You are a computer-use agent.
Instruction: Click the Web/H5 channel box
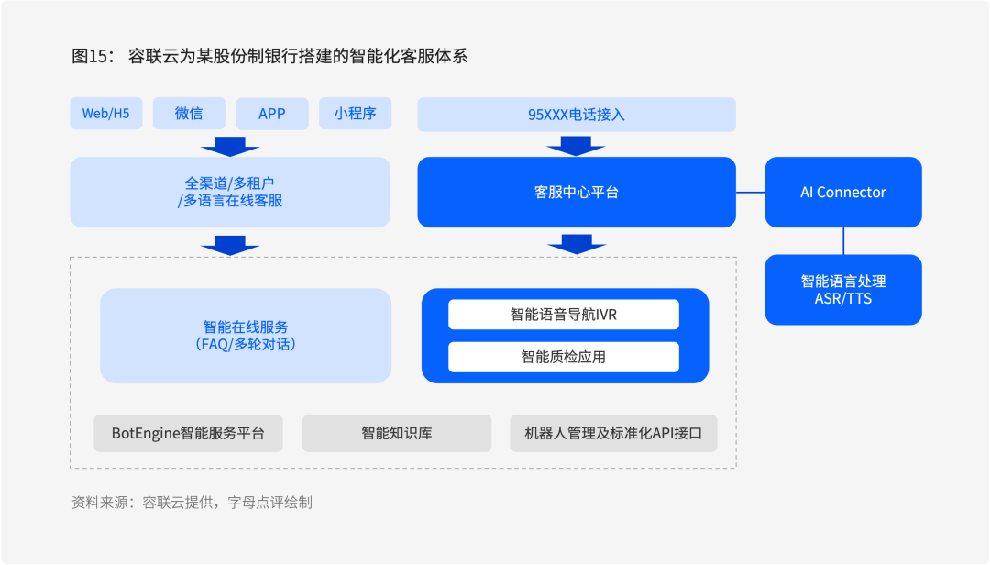coord(106,113)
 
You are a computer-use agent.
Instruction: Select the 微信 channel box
coord(189,113)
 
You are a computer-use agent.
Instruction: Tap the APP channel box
coord(272,113)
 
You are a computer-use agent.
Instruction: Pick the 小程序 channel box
coord(355,113)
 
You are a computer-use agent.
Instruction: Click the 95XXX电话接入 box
coord(577,115)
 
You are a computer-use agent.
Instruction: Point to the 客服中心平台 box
coord(577,192)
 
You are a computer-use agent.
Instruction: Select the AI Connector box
coord(843,192)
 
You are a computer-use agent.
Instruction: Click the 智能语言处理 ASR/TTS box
coord(843,290)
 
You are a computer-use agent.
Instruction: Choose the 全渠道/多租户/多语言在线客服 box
coord(230,192)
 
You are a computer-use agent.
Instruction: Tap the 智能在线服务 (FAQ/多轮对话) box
coord(246,336)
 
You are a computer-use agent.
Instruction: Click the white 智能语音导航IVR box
coord(564,314)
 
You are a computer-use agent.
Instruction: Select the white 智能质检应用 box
coord(564,357)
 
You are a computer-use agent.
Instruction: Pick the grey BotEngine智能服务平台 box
coord(188,433)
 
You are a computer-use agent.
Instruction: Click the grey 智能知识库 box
coord(397,433)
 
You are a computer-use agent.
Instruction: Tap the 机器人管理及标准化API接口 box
coord(613,433)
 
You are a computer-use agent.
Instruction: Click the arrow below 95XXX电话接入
coord(576,146)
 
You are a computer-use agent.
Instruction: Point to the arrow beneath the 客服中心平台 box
coord(577,244)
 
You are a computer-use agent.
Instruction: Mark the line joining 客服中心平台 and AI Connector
coord(751,192)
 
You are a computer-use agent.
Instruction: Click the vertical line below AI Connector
coord(843,241)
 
